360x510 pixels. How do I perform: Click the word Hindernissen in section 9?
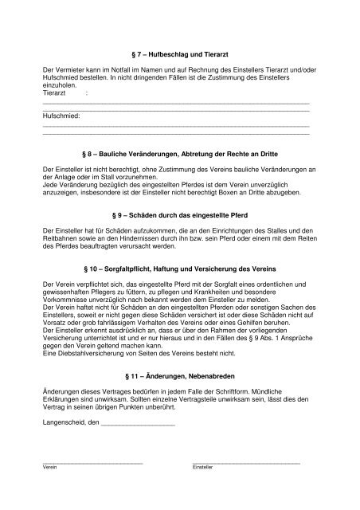pos(172,238)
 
